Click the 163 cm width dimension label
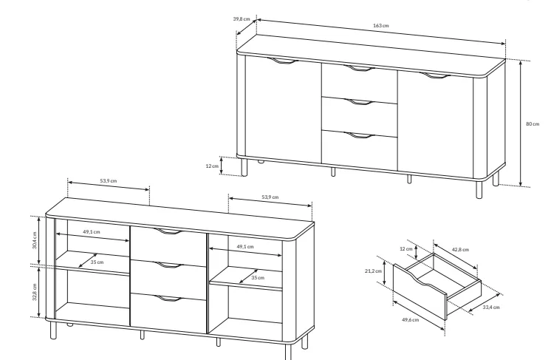click(381, 25)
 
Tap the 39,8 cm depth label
click(242, 19)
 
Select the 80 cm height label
click(533, 123)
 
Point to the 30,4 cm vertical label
click(35, 240)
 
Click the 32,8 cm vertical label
click(35, 292)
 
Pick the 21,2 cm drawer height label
click(373, 271)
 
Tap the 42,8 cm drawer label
click(460, 250)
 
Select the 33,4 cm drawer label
click(491, 308)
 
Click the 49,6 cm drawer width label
click(411, 320)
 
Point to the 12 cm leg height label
click(212, 166)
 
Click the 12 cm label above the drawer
click(406, 249)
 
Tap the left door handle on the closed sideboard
click(282, 61)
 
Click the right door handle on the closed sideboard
click(435, 75)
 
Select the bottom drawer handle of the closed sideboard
click(358, 135)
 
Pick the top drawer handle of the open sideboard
click(168, 231)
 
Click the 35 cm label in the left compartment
click(97, 262)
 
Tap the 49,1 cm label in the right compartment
click(245, 247)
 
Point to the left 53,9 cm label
click(109, 180)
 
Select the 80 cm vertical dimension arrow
click(521, 123)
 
